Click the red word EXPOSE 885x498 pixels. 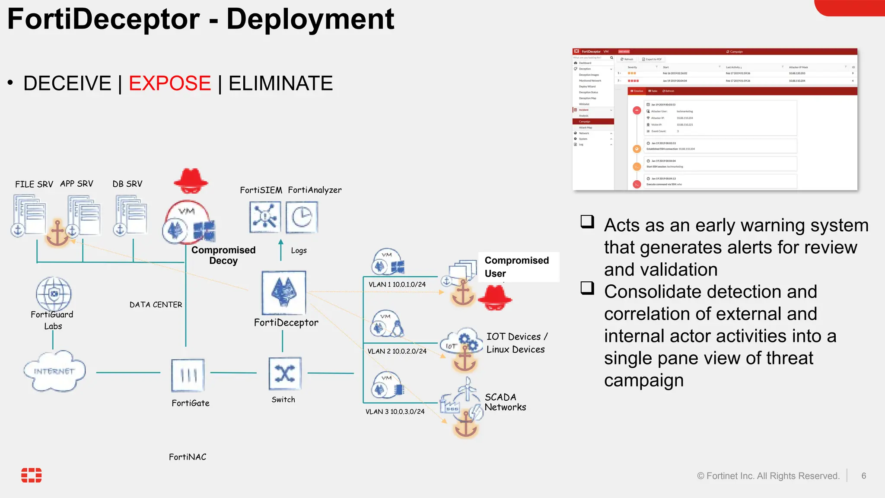click(169, 83)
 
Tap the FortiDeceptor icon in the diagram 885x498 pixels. click(284, 293)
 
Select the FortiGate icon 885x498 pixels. click(188, 375)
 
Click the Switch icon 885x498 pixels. click(285, 373)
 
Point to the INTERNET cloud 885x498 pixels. click(54, 371)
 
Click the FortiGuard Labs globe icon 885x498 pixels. click(54, 294)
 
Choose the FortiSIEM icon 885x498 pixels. click(265, 217)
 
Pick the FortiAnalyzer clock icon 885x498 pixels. click(302, 217)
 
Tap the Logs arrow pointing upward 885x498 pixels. click(281, 249)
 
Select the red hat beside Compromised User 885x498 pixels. click(495, 298)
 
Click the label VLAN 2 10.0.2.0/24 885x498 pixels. click(397, 351)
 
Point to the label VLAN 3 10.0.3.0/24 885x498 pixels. click(395, 412)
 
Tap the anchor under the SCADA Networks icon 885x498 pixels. click(465, 425)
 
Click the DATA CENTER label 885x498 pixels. click(156, 305)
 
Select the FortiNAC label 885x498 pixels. click(188, 457)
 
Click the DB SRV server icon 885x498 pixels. click(131, 215)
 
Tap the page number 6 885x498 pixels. click(863, 476)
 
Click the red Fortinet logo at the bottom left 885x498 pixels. click(32, 475)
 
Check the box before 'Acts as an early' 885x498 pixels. click(587, 222)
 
